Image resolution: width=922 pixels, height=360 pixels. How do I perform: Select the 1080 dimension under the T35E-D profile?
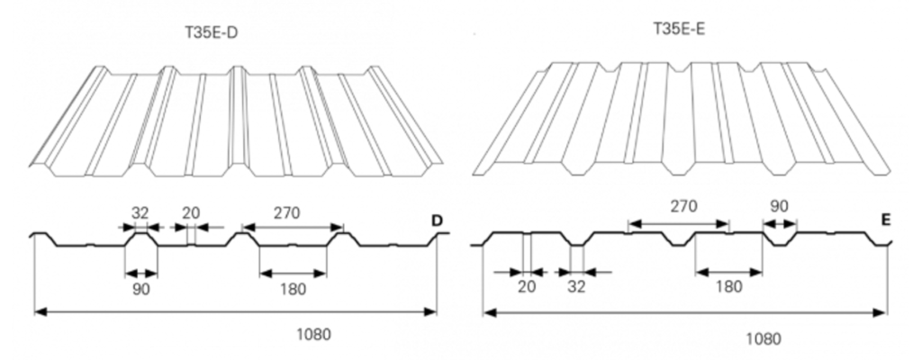tap(314, 334)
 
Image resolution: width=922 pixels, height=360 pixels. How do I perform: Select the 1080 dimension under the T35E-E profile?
tap(764, 339)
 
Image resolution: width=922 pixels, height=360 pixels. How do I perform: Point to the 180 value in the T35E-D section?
tap(293, 289)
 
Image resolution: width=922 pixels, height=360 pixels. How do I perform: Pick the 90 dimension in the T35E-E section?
tap(779, 206)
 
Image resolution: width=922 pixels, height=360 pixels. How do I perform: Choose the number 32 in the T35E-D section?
tap(140, 213)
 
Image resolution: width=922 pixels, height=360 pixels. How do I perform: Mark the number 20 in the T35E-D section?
tap(190, 213)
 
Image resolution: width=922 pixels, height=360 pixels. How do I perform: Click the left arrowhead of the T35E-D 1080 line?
tap(38, 312)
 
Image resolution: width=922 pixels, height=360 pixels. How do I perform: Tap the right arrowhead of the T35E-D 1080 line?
tap(434, 312)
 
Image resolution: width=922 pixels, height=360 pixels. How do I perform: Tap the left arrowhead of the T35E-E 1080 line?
tap(489, 313)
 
